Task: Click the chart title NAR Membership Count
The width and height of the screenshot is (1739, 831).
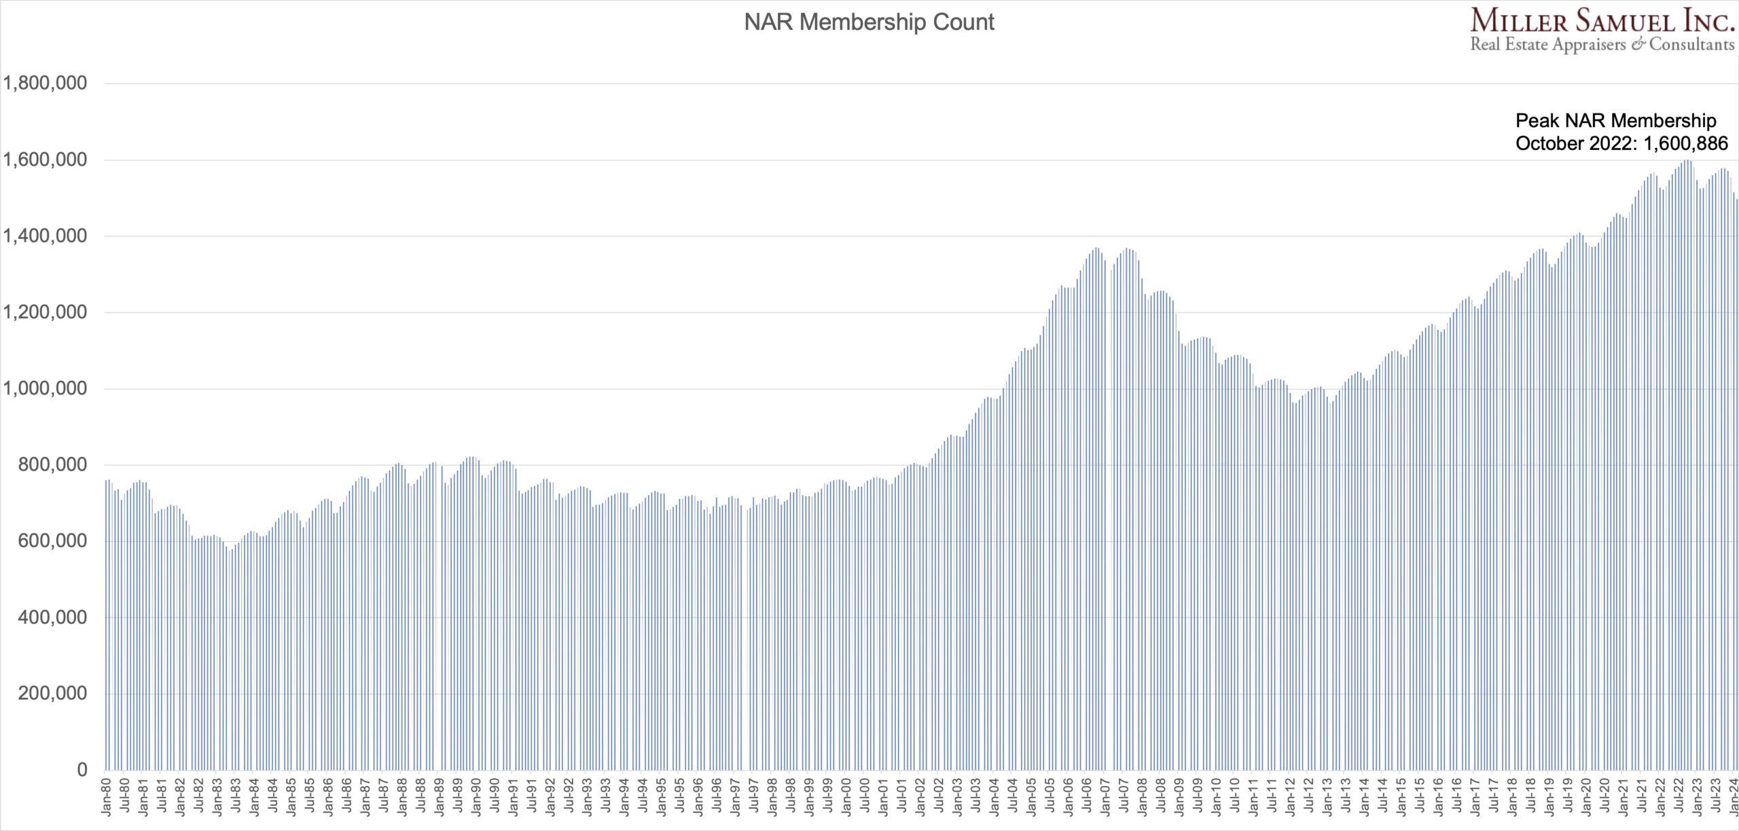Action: point(869,22)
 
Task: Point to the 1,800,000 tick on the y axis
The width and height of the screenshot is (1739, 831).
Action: point(46,84)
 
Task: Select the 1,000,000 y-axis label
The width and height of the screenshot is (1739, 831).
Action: point(46,388)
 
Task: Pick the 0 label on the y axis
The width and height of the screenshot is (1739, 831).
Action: point(82,770)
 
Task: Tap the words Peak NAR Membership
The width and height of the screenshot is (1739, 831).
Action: point(1616,121)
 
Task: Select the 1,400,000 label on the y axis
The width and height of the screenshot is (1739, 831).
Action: point(46,236)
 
